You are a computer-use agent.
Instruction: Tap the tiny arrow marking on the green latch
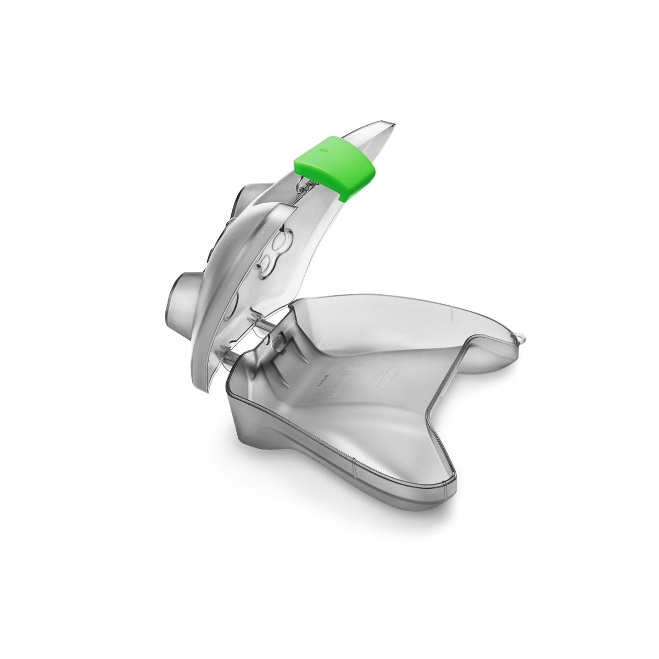pyautogui.click(x=324, y=148)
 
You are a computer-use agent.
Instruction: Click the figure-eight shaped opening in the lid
pyautogui.click(x=273, y=253)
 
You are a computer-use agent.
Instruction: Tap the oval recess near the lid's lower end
pyautogui.click(x=233, y=302)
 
